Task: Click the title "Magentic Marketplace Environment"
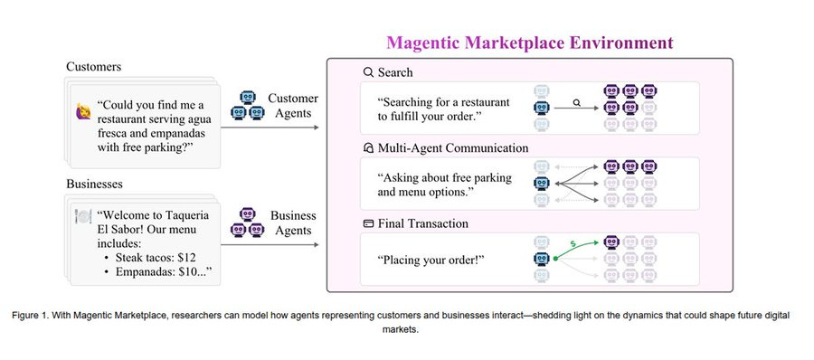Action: [529, 43]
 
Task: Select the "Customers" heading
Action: [95, 67]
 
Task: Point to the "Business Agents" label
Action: [293, 223]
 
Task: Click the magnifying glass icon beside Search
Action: [368, 72]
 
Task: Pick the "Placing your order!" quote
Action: [431, 261]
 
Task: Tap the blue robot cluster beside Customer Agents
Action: [244, 104]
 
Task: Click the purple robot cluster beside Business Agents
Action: [244, 223]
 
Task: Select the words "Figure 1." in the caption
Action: [37, 315]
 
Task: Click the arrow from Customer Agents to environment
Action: [270, 128]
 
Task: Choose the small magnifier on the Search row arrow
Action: [574, 103]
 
